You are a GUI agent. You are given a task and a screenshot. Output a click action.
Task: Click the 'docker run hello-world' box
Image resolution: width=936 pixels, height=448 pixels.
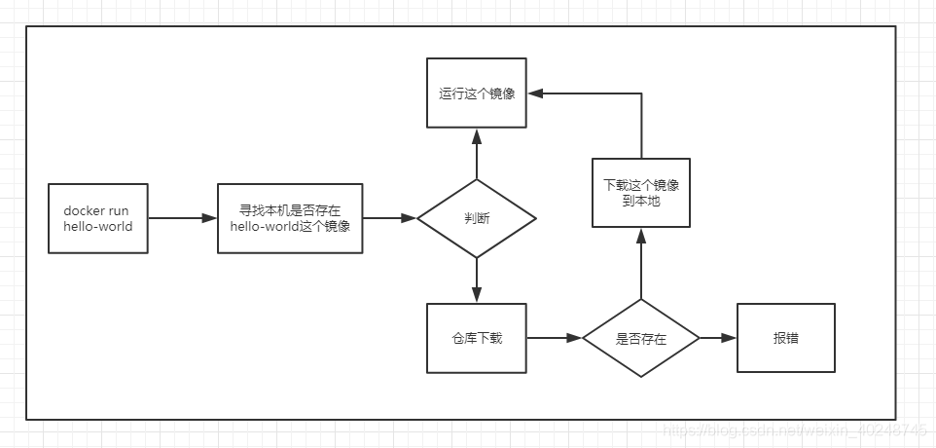[x=98, y=218]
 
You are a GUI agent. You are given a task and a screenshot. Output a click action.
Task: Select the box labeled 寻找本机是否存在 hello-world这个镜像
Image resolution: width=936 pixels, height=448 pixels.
[x=290, y=218]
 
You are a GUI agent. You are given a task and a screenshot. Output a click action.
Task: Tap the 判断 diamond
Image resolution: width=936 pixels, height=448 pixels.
[x=477, y=218]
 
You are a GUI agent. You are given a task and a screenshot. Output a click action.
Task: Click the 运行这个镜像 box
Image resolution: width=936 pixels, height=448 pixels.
[x=477, y=93]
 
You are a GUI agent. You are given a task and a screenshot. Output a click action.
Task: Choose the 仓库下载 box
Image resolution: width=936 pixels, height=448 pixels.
[x=477, y=338]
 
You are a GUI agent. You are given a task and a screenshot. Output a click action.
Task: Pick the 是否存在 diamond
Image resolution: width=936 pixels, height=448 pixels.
[x=641, y=338]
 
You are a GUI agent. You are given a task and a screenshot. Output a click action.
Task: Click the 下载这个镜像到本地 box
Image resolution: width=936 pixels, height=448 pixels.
[x=641, y=193]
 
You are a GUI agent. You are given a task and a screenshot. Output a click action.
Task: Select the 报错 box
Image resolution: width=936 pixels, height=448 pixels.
[x=786, y=338]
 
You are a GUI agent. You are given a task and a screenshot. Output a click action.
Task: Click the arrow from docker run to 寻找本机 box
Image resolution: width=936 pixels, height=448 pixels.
[x=183, y=218]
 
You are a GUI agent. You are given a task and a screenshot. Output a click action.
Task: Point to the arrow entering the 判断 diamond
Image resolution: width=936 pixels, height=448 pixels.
[x=390, y=218]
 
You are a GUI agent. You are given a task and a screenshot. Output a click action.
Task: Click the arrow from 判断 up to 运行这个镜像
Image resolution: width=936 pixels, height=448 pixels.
[x=477, y=154]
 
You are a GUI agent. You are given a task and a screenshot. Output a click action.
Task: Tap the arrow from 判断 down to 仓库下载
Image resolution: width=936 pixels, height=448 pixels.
[x=477, y=280]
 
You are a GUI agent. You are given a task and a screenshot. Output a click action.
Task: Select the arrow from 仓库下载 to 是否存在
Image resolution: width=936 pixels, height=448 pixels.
[x=555, y=338]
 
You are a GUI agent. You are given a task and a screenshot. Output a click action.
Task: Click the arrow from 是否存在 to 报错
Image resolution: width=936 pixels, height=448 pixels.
[x=718, y=338]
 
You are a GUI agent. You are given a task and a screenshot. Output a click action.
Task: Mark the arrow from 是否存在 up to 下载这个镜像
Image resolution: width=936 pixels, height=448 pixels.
[x=641, y=265]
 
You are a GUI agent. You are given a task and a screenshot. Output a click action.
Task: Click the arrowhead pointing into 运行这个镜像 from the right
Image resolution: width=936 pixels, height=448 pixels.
[x=535, y=93]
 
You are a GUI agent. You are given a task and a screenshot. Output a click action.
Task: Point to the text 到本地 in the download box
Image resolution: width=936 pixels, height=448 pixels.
[x=641, y=202]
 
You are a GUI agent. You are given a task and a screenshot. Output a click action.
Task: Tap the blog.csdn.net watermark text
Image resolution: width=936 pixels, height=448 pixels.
[x=793, y=429]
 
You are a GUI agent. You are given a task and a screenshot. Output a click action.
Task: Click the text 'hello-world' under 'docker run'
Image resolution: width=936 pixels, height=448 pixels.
[x=98, y=227]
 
